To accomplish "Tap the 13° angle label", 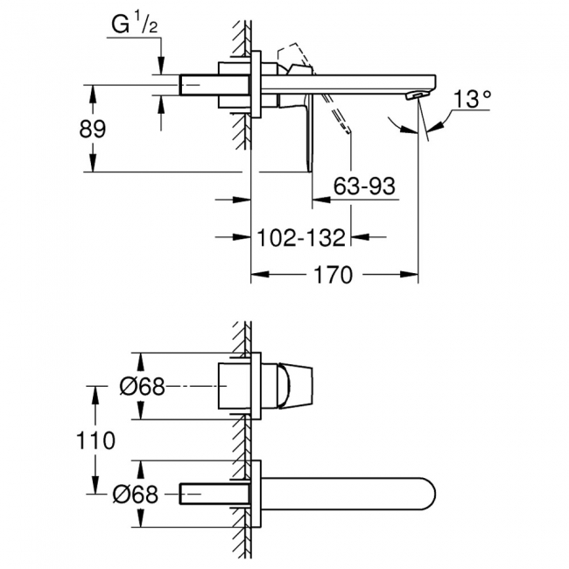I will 470,100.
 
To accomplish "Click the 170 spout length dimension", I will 334,276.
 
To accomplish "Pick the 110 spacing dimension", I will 96,439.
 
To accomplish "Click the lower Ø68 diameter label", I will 140,495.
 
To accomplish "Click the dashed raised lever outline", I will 293,57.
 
